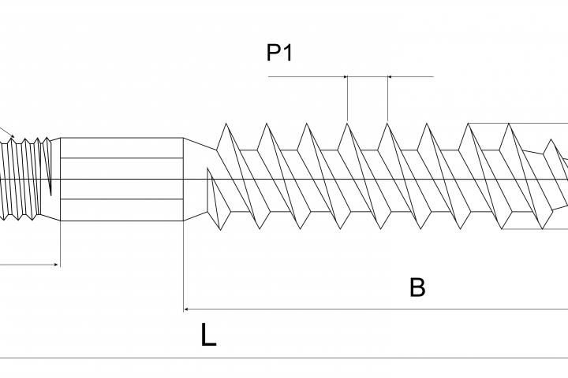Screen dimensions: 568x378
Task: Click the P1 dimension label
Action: click(x=279, y=53)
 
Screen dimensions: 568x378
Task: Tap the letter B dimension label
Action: click(x=417, y=287)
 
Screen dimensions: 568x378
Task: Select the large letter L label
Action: click(x=208, y=335)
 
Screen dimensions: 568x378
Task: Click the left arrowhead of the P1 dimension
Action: click(x=346, y=76)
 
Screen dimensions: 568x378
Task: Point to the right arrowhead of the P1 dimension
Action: click(x=390, y=76)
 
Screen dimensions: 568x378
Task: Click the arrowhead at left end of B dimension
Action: click(x=186, y=309)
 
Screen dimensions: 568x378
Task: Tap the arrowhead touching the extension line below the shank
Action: click(x=56, y=265)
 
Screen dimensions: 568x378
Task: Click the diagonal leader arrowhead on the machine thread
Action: click(x=13, y=136)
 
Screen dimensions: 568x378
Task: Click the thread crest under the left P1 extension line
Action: click(x=347, y=124)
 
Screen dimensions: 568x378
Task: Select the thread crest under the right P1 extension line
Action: click(x=387, y=124)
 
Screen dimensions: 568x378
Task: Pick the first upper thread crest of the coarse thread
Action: click(x=226, y=124)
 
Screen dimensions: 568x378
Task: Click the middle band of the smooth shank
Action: click(x=121, y=179)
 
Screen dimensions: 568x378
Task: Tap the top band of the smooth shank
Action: click(x=121, y=148)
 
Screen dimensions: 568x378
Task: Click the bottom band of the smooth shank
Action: click(x=121, y=209)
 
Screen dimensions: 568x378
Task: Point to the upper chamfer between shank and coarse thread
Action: click(x=200, y=144)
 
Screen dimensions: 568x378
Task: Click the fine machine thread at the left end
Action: click(x=24, y=179)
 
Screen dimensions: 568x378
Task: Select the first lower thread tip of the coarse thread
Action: click(x=221, y=229)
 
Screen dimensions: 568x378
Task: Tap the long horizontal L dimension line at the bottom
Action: click(x=284, y=358)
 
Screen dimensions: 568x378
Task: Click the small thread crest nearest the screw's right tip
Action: click(x=551, y=140)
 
